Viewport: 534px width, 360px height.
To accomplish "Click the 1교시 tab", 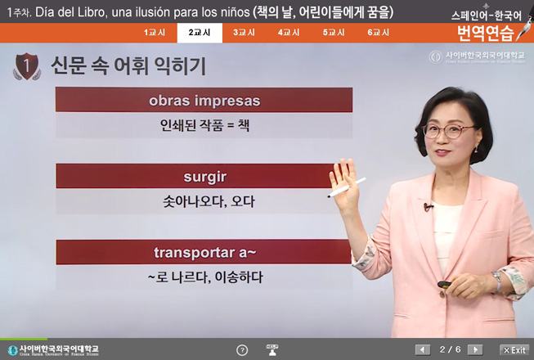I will [x=155, y=33].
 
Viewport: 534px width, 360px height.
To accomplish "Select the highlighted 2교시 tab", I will [x=199, y=33].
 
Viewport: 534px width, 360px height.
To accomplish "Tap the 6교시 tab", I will [x=379, y=33].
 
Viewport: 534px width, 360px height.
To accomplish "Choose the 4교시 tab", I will [x=289, y=33].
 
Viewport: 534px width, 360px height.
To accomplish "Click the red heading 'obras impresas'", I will [x=204, y=101].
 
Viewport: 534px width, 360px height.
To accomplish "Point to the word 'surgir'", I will [x=204, y=176].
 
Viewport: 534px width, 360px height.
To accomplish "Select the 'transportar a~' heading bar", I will [x=204, y=251].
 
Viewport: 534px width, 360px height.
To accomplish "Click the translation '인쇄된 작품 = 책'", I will [x=204, y=126].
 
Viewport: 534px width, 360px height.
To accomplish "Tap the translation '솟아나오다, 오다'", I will [x=204, y=200].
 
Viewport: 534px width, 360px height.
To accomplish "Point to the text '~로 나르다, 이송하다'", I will [x=204, y=277].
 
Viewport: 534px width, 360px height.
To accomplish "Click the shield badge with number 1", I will [x=28, y=65].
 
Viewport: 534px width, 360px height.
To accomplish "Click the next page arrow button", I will [x=474, y=349].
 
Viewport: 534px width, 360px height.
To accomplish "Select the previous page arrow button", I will [x=423, y=349].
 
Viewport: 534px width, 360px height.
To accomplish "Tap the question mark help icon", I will [x=242, y=350].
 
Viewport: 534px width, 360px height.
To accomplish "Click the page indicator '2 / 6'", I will [x=450, y=349].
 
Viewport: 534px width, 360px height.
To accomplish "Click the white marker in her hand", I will [x=339, y=191].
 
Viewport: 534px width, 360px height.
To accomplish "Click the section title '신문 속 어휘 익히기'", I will [x=128, y=65].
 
